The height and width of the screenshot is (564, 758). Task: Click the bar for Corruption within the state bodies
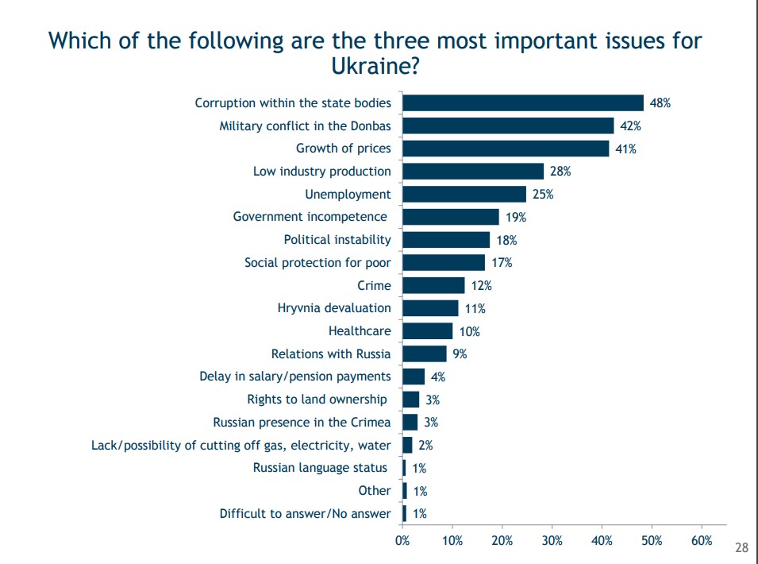[523, 103]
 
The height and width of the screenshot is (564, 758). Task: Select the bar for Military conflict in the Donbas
[508, 126]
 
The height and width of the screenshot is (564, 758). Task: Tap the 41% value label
[625, 149]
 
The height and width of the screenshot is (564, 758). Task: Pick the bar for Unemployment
[464, 195]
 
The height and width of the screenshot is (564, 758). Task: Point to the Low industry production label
[321, 172]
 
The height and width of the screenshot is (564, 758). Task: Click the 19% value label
[516, 217]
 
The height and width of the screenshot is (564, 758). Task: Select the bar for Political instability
[446, 240]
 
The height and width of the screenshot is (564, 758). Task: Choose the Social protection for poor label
[317, 263]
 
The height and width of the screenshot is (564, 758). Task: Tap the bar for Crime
[433, 285]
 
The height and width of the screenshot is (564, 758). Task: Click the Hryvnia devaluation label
[334, 308]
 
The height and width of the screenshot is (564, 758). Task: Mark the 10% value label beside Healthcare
[469, 332]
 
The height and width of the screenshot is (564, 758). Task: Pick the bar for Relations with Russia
[425, 354]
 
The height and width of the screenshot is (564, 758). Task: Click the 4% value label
[438, 377]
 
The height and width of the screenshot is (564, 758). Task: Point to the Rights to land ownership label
[317, 400]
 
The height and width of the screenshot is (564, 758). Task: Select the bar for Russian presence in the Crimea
[410, 423]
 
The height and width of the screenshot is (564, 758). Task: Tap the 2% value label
[425, 446]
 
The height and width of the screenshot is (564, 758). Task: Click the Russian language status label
[321, 468]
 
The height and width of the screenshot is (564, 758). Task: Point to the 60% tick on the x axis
[702, 541]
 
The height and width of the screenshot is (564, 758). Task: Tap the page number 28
[742, 548]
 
